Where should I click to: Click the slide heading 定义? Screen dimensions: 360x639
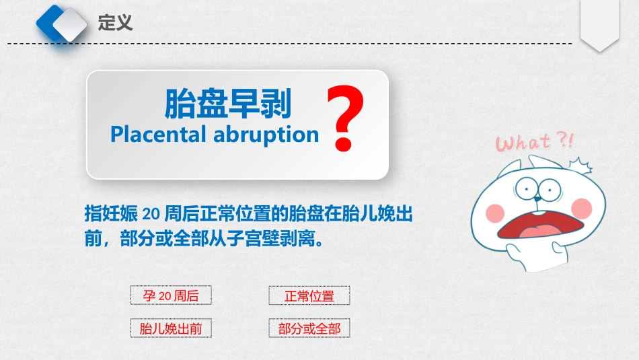115,23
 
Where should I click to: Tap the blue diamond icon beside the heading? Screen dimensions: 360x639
61,24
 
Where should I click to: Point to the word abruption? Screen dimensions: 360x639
266,135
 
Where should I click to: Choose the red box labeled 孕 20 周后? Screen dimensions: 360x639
171,295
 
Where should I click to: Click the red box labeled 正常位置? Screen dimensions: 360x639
309,296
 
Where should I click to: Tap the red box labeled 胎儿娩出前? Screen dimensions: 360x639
171,328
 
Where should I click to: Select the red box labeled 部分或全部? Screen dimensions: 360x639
309,328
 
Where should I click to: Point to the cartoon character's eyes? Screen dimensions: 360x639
537,189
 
